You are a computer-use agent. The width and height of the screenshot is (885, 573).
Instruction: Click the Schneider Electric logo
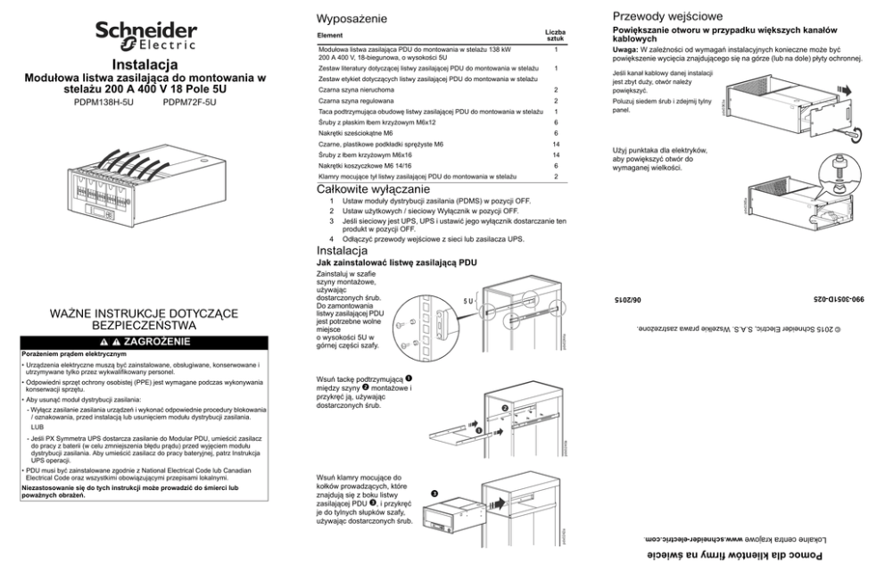pos(147,37)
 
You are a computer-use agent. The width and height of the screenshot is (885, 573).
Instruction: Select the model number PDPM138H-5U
pos(102,103)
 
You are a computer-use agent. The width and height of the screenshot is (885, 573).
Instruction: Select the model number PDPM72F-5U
pos(190,103)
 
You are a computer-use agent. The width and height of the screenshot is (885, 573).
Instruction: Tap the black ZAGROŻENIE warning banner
pos(146,341)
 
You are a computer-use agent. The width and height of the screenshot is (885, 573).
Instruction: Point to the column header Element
pos(331,36)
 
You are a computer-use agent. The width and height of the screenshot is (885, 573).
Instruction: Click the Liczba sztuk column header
pos(554,36)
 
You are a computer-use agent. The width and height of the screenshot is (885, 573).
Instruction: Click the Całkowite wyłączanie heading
pos(374,190)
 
